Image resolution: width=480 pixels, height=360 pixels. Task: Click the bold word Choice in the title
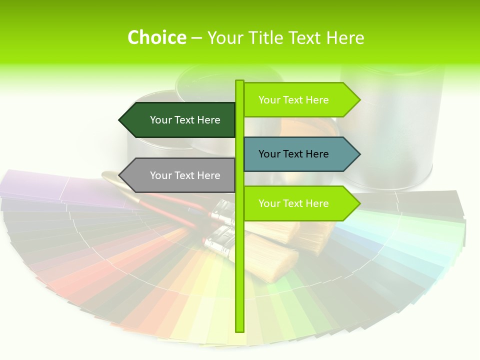(x=156, y=37)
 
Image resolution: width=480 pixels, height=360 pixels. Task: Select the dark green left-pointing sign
(x=180, y=120)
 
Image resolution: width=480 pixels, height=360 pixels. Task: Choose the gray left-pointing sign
(x=180, y=175)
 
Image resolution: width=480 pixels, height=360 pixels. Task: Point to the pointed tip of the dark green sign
(x=120, y=120)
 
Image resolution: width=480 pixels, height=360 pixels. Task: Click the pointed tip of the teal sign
(x=358, y=154)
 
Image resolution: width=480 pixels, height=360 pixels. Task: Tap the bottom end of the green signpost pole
(x=240, y=330)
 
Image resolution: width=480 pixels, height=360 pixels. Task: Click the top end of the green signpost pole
(x=240, y=82)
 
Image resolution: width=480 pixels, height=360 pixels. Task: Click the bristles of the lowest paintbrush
(x=272, y=255)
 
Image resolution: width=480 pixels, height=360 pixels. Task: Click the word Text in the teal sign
(x=293, y=154)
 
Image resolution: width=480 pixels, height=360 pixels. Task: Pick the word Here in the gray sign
(x=208, y=175)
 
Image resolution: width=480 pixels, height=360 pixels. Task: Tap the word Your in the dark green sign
(x=160, y=120)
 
